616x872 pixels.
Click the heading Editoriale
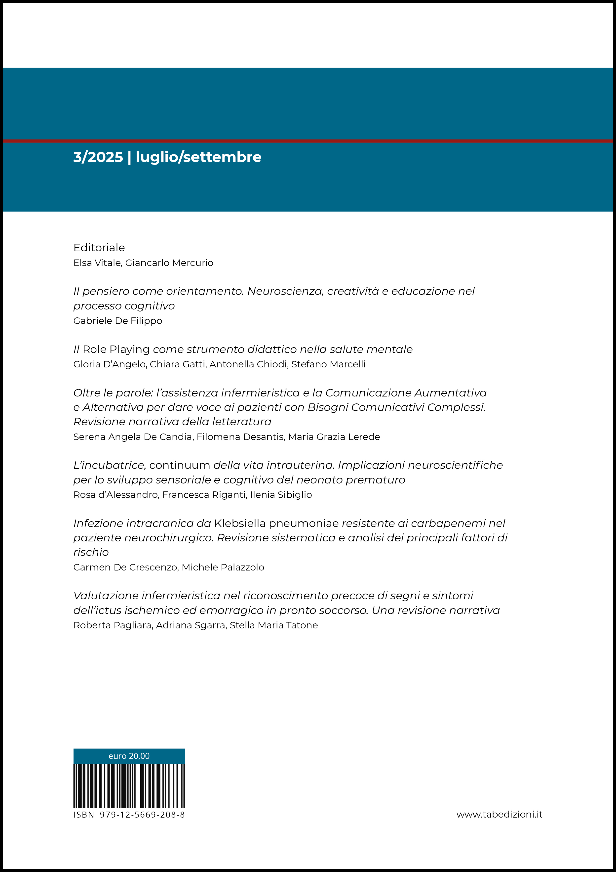point(99,248)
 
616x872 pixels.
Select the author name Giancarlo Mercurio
point(169,263)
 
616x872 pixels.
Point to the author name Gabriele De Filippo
point(118,321)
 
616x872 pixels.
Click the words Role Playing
point(116,349)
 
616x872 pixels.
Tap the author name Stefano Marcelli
point(328,364)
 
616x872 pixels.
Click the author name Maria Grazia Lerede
point(334,437)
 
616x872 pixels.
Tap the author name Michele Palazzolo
point(223,567)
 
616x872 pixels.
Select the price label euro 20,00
point(129,756)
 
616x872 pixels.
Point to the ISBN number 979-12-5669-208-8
point(142,815)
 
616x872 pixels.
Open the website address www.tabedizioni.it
point(499,814)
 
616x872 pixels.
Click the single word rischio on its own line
point(91,552)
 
